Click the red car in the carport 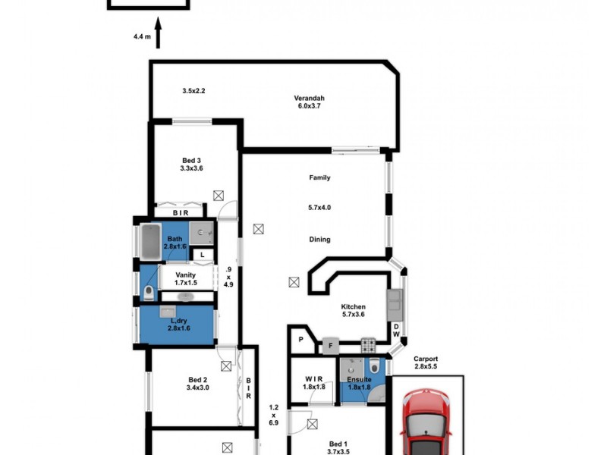click(426, 425)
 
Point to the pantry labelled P click(300, 339)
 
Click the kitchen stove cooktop click(368, 344)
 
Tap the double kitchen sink click(395, 305)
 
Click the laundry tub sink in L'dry click(167, 312)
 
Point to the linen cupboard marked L click(203, 254)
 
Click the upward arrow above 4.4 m click(159, 38)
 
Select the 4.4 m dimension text click(142, 35)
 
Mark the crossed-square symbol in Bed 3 click(219, 196)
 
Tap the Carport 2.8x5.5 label click(425, 362)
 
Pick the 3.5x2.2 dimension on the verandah click(194, 91)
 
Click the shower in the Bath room click(202, 233)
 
